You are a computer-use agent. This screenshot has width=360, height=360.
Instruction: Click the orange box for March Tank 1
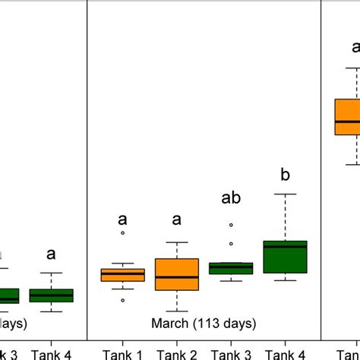pyautogui.click(x=123, y=275)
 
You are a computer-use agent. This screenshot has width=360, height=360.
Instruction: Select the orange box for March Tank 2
pyautogui.click(x=176, y=274)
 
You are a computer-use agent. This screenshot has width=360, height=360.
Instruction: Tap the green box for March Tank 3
pyautogui.click(x=231, y=268)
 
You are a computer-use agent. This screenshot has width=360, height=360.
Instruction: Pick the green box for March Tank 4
pyautogui.click(x=285, y=257)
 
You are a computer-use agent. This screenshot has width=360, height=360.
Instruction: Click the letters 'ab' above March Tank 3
pyautogui.click(x=231, y=198)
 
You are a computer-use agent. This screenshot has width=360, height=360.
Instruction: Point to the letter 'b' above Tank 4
pyautogui.click(x=286, y=175)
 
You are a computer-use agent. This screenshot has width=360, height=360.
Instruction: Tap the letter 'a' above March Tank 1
pyautogui.click(x=123, y=220)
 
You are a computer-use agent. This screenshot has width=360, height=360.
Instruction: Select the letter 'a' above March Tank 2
pyautogui.click(x=177, y=220)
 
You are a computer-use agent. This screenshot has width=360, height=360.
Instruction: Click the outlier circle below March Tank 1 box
pyautogui.click(x=123, y=301)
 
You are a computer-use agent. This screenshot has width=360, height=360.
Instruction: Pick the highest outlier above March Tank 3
pyautogui.click(x=231, y=225)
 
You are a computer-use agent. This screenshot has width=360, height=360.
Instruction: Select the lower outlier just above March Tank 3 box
pyautogui.click(x=231, y=244)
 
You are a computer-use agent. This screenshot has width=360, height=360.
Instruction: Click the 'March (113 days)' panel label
pyautogui.click(x=204, y=324)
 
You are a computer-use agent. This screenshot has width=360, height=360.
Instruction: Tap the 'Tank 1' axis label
pyautogui.click(x=123, y=353)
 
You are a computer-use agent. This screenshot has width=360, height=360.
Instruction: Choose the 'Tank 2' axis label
pyautogui.click(x=177, y=353)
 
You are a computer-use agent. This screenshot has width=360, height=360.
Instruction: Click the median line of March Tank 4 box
pyautogui.click(x=285, y=246)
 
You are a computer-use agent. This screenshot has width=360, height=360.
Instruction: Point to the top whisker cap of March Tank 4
pyautogui.click(x=285, y=194)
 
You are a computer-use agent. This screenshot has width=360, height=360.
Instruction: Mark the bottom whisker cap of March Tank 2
pyautogui.click(x=177, y=311)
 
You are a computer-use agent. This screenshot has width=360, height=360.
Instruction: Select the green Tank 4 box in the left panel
pyautogui.click(x=51, y=295)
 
